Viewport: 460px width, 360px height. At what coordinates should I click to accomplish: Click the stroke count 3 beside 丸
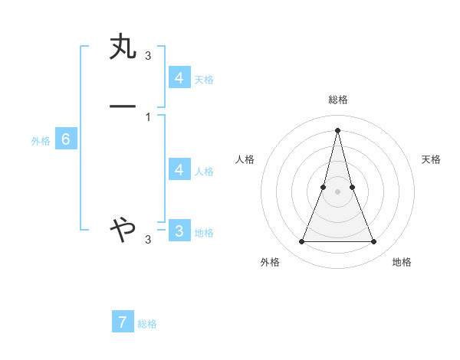[x=148, y=56]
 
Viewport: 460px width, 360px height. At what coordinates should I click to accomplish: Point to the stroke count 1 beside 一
[x=148, y=116]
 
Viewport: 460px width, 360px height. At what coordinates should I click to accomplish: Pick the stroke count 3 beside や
[x=148, y=240]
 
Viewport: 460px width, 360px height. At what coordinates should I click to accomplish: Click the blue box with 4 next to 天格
[x=179, y=78]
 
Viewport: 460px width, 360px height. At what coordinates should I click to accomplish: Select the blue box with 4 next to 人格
[x=179, y=170]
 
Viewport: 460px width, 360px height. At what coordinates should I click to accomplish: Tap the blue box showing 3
[x=179, y=231]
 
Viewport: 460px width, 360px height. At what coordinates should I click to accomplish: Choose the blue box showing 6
[x=66, y=139]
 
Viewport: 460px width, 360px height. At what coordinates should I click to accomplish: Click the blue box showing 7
[x=123, y=322]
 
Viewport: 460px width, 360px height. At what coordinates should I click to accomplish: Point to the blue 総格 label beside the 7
[x=147, y=324]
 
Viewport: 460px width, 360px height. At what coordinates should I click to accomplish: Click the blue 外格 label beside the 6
[x=40, y=141]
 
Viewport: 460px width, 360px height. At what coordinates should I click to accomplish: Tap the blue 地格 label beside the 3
[x=204, y=233]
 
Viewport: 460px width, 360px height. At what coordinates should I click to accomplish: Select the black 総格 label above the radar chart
[x=337, y=100]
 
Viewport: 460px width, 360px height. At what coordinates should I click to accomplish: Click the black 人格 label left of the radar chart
[x=245, y=159]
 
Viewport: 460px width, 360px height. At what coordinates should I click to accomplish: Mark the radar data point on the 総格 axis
[x=337, y=129]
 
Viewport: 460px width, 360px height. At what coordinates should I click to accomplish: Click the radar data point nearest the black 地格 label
[x=374, y=242]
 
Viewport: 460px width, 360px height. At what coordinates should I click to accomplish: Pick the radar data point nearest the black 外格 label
[x=301, y=242]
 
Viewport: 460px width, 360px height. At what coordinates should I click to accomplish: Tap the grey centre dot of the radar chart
[x=337, y=191]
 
